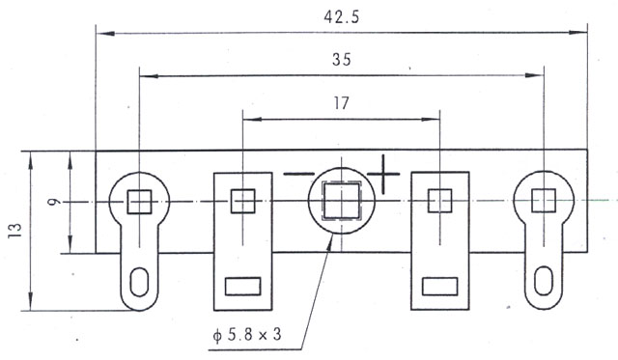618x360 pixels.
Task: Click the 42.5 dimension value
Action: [x=341, y=17]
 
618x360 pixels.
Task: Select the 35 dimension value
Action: [x=341, y=60]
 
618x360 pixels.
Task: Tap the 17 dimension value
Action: [x=341, y=103]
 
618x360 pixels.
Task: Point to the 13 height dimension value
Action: [x=15, y=231]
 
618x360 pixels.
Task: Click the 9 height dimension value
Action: [x=54, y=202]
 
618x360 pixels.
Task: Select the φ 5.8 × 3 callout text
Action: [x=247, y=335]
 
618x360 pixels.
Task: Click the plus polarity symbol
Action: [x=383, y=174]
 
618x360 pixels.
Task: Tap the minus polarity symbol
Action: [x=299, y=174]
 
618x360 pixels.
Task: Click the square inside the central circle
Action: [x=341, y=202]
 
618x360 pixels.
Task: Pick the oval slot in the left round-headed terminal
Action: [x=139, y=282]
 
